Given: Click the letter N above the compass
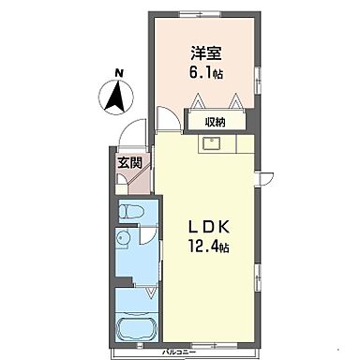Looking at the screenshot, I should (118, 71).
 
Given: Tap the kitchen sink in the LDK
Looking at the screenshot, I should (210, 144).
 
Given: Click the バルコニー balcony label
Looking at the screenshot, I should (179, 352).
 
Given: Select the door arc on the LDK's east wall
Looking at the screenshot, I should (264, 176).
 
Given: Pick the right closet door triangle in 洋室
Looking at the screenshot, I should (238, 100).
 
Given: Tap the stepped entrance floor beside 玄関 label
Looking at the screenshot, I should (141, 176).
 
